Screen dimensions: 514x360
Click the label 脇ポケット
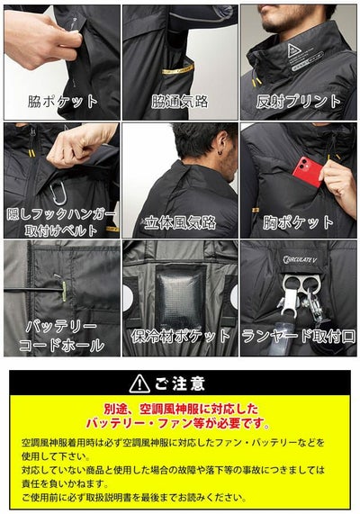[59, 103]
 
